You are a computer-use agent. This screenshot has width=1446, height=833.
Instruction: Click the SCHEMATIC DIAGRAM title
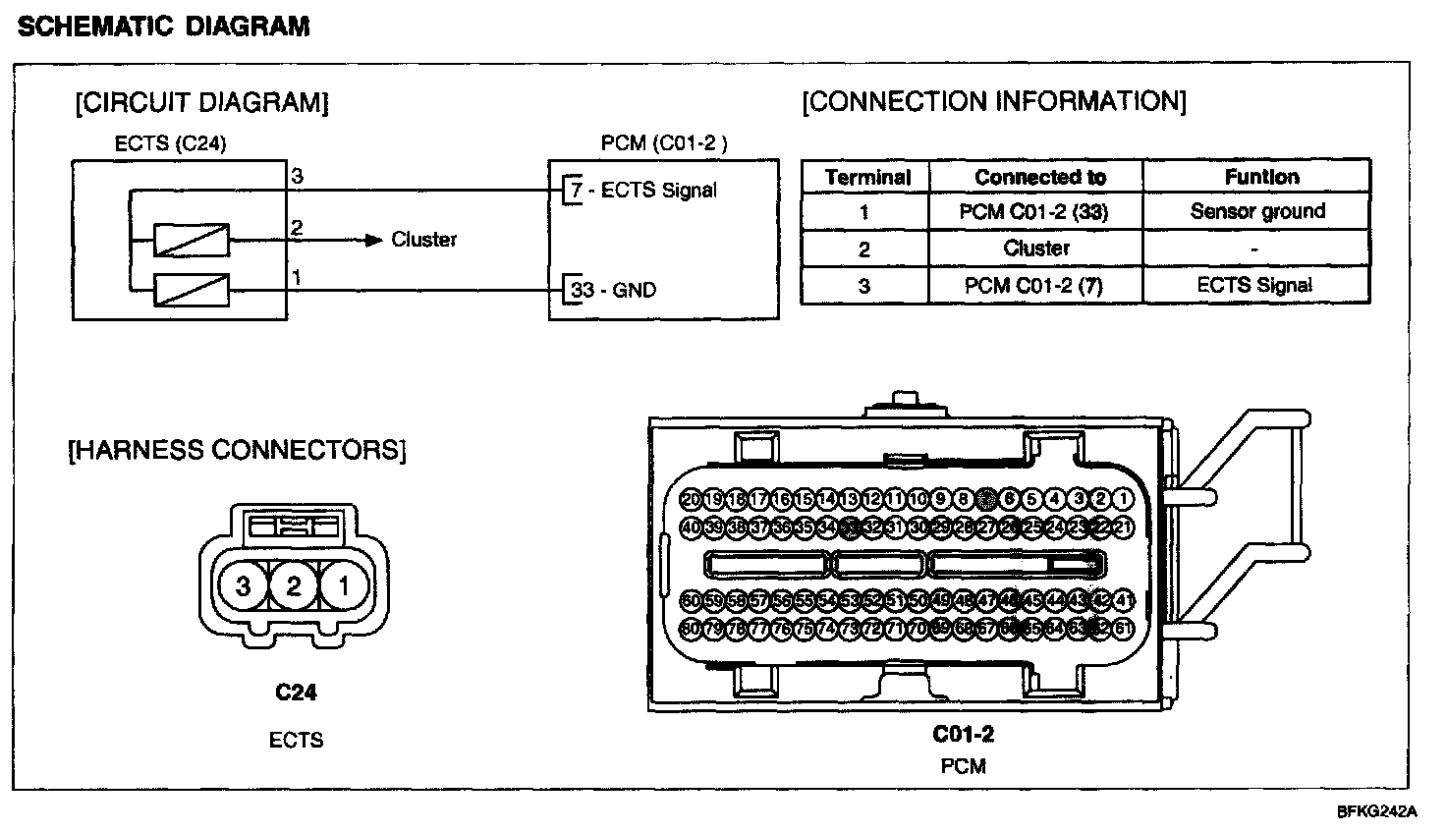click(164, 27)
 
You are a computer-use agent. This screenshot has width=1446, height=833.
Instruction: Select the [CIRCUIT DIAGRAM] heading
click(201, 102)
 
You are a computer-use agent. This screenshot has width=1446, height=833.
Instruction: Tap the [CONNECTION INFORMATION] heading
click(994, 101)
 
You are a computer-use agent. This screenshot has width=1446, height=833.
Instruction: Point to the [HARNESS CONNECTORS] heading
click(236, 450)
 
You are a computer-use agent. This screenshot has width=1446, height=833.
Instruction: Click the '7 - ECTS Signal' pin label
click(644, 190)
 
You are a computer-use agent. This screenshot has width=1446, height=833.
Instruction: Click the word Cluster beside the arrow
click(423, 239)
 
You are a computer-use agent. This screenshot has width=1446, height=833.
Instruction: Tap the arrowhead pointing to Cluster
click(373, 240)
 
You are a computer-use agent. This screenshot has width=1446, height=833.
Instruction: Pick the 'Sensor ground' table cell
click(1257, 211)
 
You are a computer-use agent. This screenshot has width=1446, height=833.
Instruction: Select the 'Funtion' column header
click(1261, 177)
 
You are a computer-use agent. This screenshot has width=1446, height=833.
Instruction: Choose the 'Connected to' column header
click(1040, 177)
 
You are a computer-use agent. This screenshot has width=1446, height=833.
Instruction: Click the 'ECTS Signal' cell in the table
click(1254, 285)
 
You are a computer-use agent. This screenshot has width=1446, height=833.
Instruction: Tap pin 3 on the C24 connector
click(244, 586)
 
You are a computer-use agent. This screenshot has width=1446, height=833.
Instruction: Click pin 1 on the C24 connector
click(343, 586)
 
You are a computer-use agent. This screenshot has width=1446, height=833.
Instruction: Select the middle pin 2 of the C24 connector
click(294, 586)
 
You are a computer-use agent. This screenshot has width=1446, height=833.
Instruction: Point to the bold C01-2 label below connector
click(963, 734)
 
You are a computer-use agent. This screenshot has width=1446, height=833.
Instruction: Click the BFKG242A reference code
click(1376, 812)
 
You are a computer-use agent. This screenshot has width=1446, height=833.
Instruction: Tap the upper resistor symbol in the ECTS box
click(192, 240)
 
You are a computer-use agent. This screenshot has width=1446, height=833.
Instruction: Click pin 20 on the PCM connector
click(691, 499)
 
